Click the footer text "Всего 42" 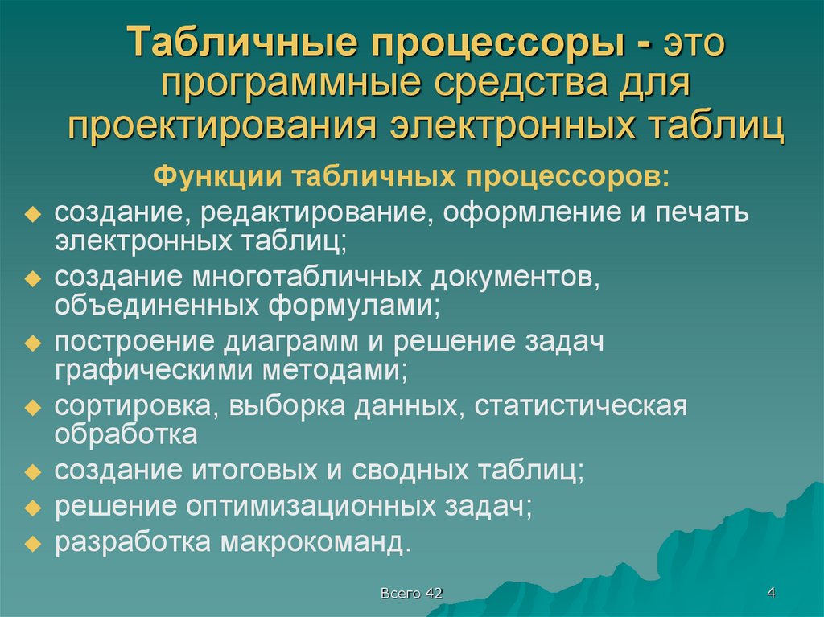tap(411, 594)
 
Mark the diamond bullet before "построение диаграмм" tap(32, 343)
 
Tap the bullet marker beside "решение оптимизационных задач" tap(32, 508)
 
